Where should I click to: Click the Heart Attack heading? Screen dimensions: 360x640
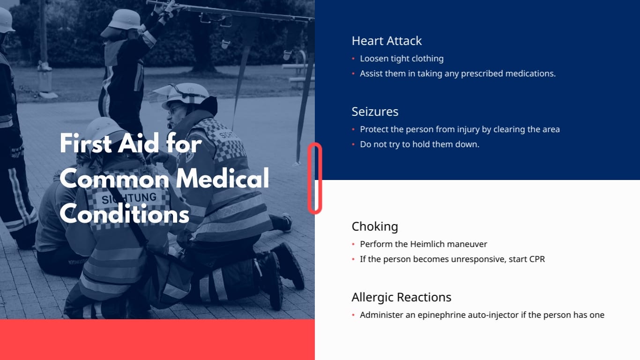pyautogui.click(x=387, y=41)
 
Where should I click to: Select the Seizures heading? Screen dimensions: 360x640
pyautogui.click(x=375, y=112)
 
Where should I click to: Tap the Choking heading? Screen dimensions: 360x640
pyautogui.click(x=375, y=227)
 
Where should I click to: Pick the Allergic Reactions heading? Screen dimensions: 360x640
pyautogui.click(x=402, y=298)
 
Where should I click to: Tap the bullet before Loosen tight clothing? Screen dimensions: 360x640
pyautogui.click(x=353, y=59)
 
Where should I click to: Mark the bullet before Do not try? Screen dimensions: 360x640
pyautogui.click(x=353, y=145)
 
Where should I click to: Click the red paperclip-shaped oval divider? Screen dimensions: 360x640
pyautogui.click(x=315, y=179)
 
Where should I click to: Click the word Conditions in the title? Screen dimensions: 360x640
pyautogui.click(x=125, y=215)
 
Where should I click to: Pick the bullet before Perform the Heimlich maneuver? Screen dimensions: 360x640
pyautogui.click(x=353, y=245)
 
